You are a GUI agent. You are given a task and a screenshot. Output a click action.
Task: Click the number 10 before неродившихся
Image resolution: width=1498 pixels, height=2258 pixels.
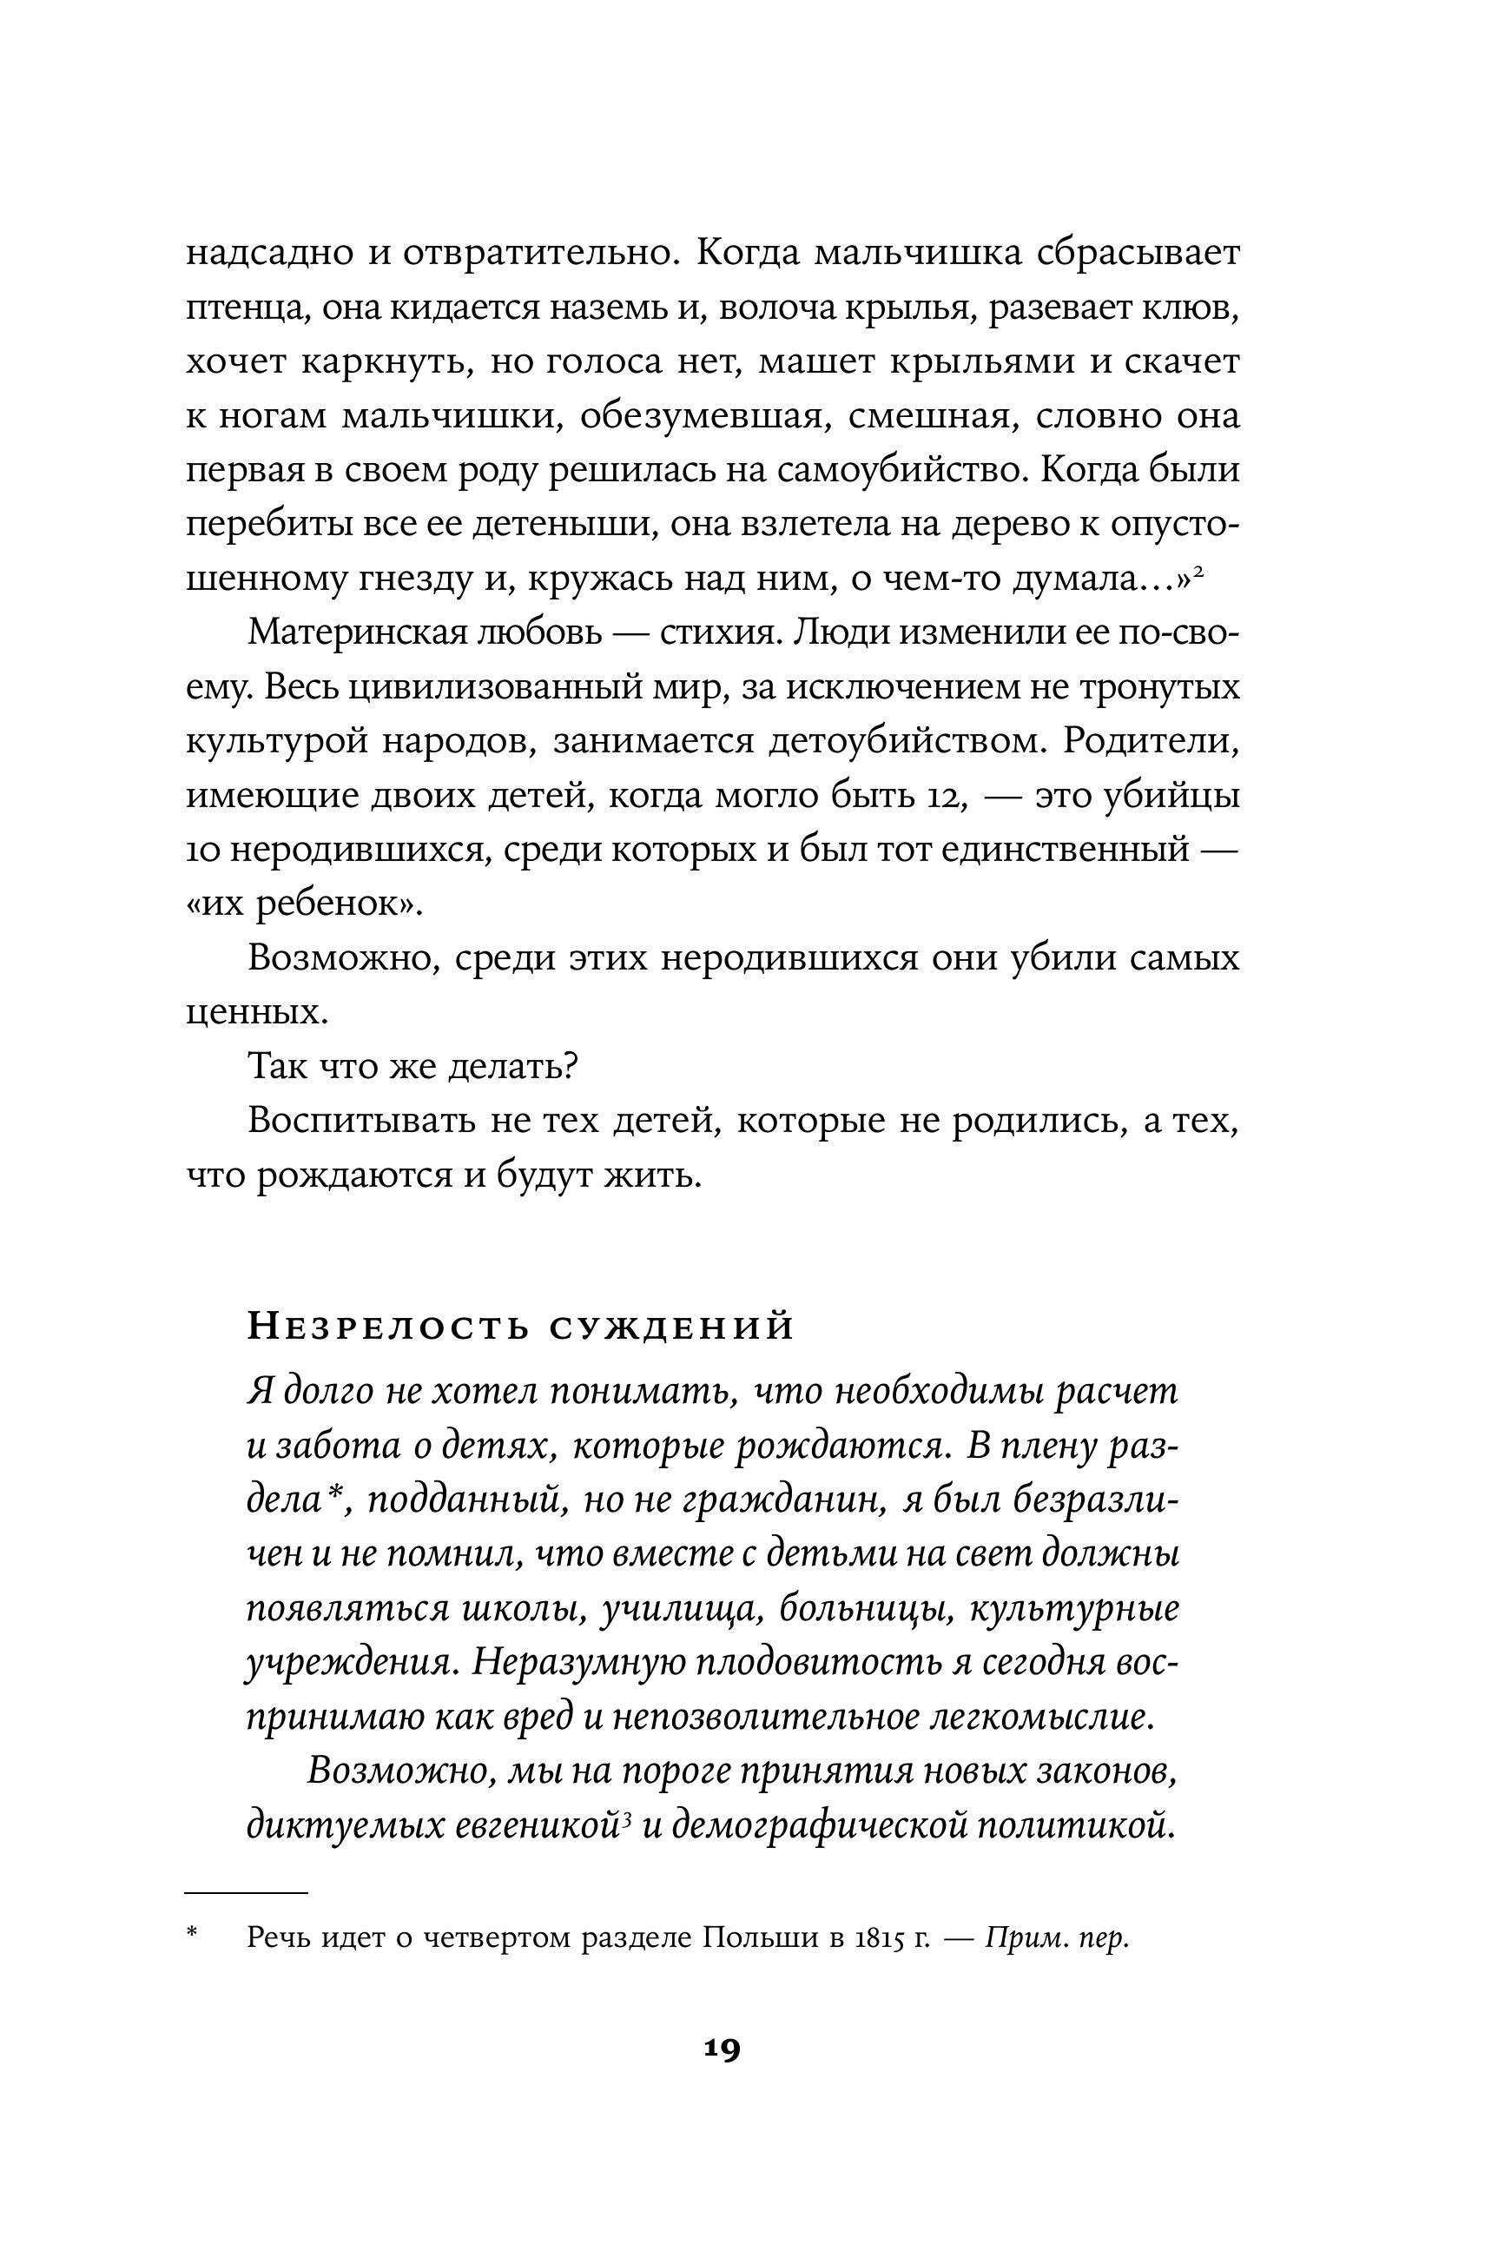point(202,851)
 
